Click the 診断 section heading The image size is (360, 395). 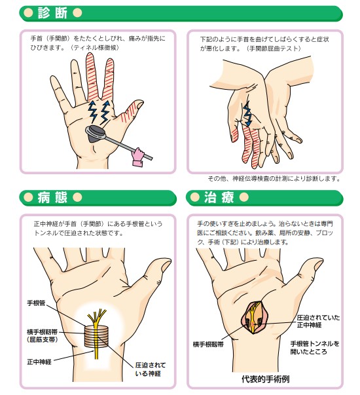click(x=52, y=12)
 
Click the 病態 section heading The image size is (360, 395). click(x=52, y=197)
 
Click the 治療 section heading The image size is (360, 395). click(x=219, y=197)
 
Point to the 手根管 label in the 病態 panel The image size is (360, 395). click(x=36, y=303)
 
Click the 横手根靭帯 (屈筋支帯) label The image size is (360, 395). click(x=43, y=335)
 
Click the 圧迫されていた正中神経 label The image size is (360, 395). click(x=318, y=321)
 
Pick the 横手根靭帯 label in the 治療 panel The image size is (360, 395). click(x=208, y=345)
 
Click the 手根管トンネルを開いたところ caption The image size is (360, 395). click(x=315, y=348)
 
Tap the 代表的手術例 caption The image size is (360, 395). click(x=265, y=379)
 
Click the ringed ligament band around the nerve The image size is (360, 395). click(x=96, y=337)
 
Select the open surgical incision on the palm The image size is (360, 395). click(x=253, y=317)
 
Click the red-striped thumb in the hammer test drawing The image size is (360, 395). click(x=130, y=111)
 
